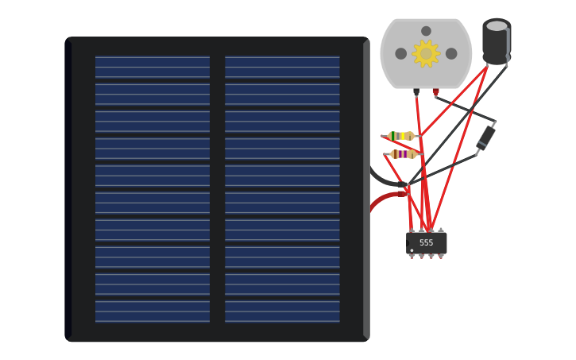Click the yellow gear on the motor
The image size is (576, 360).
point(426,53)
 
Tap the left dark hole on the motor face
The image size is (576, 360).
point(401,53)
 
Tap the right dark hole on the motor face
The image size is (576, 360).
point(451,53)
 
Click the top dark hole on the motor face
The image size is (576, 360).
point(426,31)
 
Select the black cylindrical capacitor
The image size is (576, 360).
point(497,44)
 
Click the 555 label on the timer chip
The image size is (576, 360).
point(427,242)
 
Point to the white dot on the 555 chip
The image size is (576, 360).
point(412,250)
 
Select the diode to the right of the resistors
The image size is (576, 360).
point(485,137)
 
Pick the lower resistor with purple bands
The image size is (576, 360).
point(403,154)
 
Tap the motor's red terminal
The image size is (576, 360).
point(435,92)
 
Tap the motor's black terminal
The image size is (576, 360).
point(416,92)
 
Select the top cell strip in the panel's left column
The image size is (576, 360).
point(153,67)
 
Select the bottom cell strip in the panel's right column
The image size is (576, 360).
point(282,311)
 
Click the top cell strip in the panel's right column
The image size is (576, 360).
point(282,67)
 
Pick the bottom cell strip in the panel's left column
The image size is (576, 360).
point(153,311)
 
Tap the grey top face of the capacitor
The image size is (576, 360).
point(497,26)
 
